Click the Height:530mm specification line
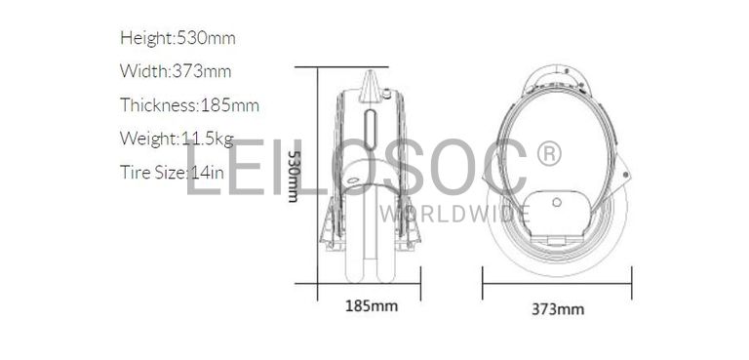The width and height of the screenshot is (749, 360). click(177, 37)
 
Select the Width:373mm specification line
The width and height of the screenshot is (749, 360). click(176, 71)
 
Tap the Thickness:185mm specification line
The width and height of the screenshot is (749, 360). click(189, 104)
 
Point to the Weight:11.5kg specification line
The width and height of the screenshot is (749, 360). click(177, 139)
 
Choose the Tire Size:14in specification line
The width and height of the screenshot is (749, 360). click(172, 172)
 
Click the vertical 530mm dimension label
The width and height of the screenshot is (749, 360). click(293, 175)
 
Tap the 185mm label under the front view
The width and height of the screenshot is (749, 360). click(372, 306)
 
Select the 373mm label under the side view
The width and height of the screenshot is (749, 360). click(558, 309)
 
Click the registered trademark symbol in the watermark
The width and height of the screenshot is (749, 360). click(549, 153)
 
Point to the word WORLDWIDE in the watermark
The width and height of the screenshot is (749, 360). click(455, 214)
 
